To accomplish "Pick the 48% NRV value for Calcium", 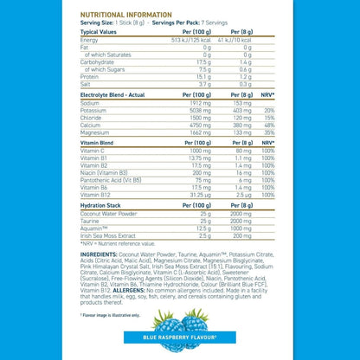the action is click(x=269, y=124).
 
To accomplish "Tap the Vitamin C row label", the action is click(x=93, y=151).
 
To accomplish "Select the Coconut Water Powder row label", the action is click(x=110, y=212).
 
